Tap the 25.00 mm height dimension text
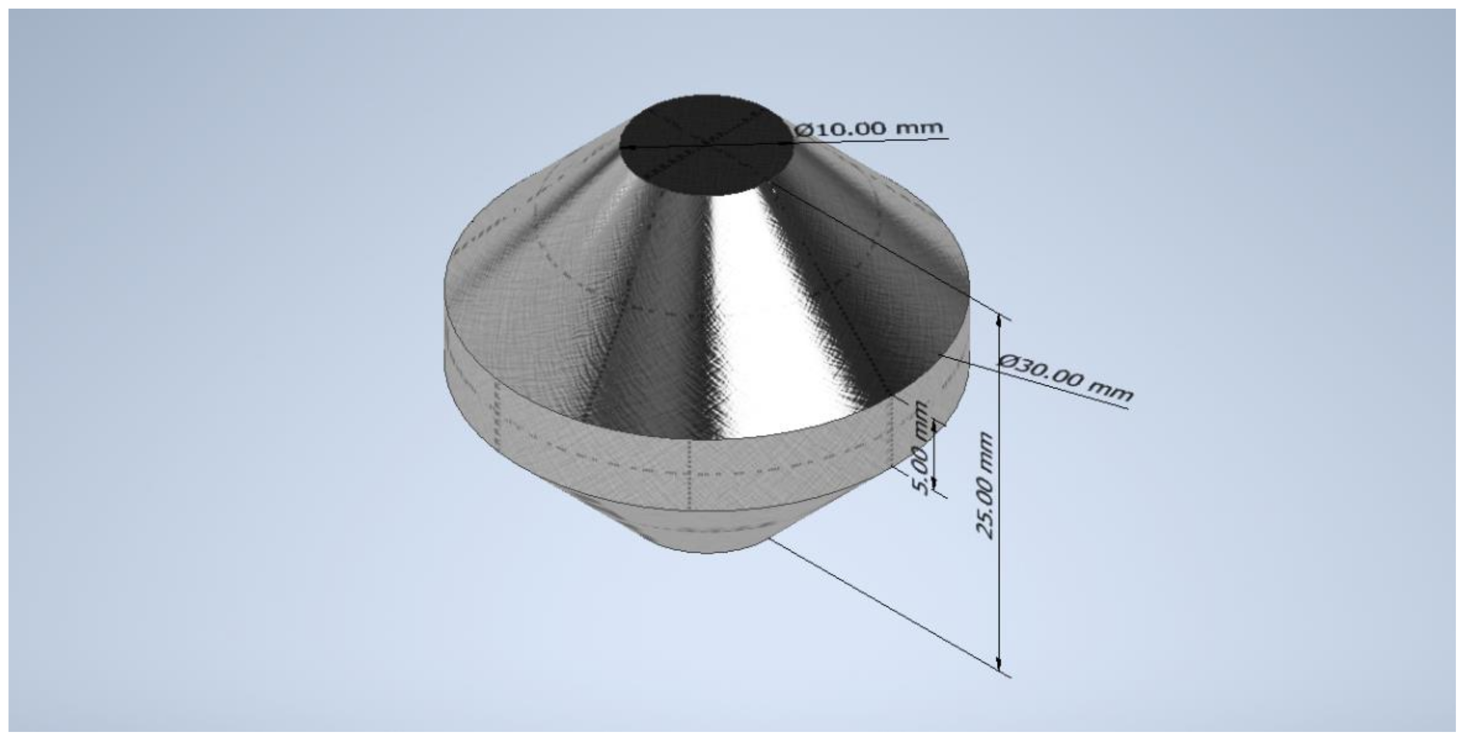tap(985, 486)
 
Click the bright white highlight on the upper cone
tap(744, 318)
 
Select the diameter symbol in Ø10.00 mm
tap(804, 130)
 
